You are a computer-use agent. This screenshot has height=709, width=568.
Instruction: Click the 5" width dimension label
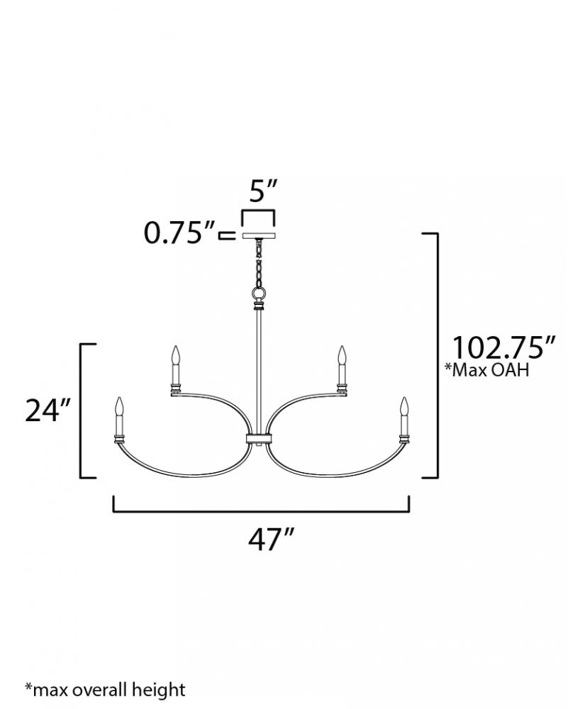[x=263, y=191]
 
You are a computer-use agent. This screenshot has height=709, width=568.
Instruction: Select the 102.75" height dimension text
[x=503, y=347]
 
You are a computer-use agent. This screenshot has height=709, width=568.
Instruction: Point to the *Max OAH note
[x=487, y=370]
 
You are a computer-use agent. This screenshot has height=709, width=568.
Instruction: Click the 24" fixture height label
[x=48, y=410]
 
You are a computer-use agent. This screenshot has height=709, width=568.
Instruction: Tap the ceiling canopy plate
[x=259, y=235]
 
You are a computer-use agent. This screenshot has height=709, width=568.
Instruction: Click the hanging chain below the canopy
[x=259, y=263]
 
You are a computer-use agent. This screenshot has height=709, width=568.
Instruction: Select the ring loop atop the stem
[x=259, y=294]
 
